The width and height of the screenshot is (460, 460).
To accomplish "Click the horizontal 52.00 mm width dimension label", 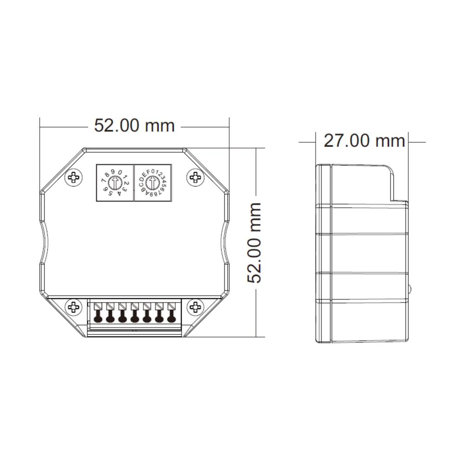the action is tap(134, 126).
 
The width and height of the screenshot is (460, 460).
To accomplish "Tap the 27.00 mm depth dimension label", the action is tap(364, 141).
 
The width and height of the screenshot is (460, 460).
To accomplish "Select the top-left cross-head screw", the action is tap(73, 178).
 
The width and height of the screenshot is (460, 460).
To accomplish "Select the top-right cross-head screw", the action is tap(195, 177).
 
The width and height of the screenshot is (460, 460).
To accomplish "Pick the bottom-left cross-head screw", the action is tap(73, 307).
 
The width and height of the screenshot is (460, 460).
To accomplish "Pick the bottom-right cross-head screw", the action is tap(195, 307).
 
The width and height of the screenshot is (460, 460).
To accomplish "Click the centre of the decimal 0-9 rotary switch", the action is tap(115, 183).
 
